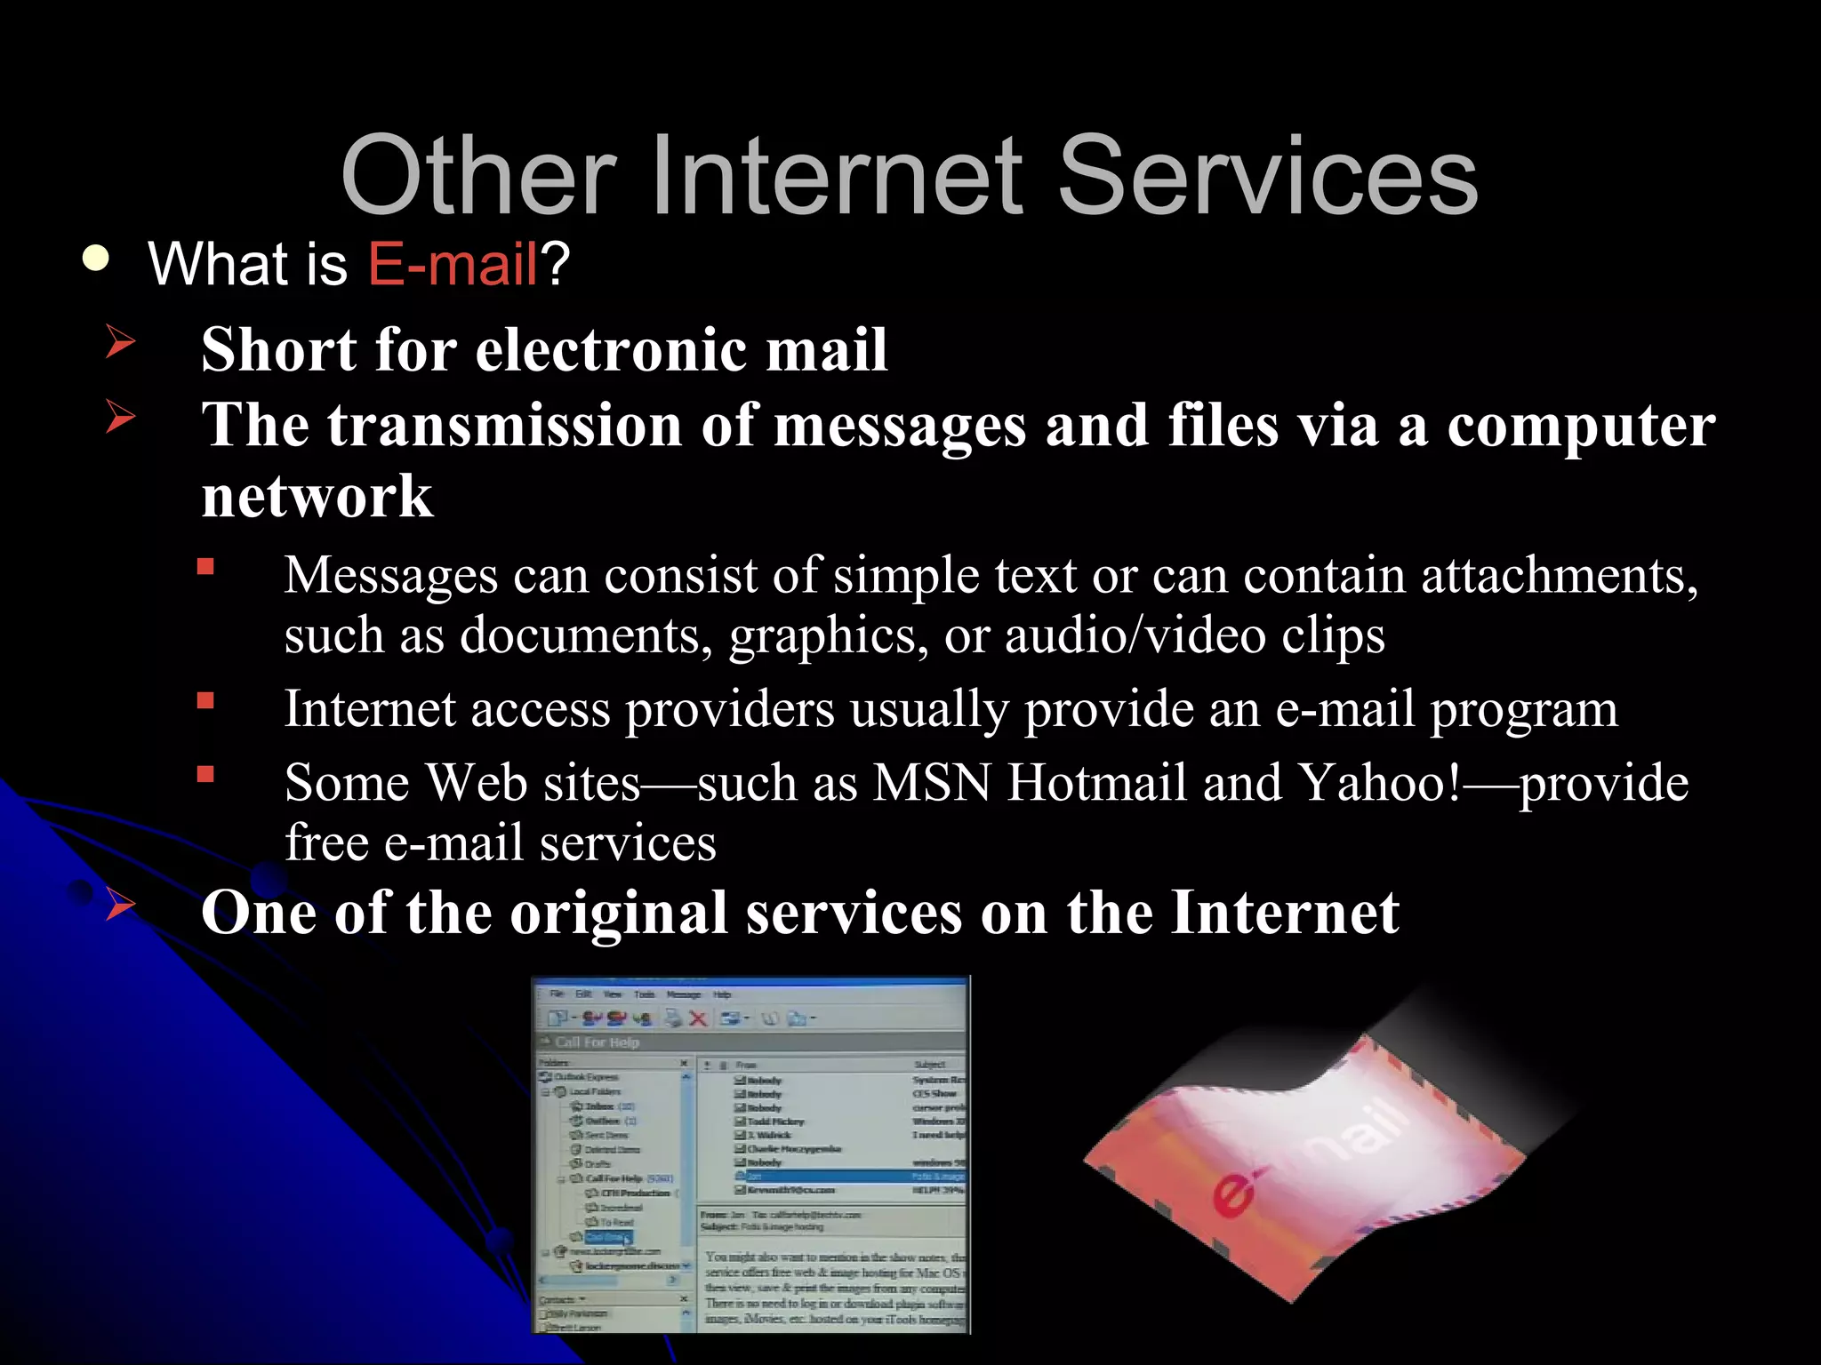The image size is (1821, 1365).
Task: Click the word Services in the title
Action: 1267,175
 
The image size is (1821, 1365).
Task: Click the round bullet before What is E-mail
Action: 95,259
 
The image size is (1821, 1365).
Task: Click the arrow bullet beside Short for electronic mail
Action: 120,342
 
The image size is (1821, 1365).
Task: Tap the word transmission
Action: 504,425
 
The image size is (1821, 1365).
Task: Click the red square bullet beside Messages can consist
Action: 205,567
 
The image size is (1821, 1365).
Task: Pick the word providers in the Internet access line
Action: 729,709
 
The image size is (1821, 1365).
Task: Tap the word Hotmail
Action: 1097,783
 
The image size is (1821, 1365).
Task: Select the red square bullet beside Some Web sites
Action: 205,774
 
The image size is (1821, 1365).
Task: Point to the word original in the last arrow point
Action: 619,913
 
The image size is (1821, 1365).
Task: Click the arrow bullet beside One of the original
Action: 120,906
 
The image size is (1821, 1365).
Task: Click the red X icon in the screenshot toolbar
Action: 698,1018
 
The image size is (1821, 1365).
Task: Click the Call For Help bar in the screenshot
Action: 597,1042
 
